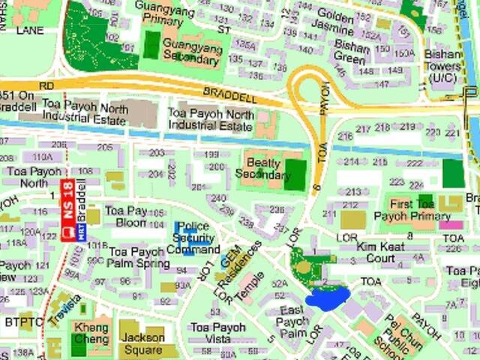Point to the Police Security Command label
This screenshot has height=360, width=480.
[x=193, y=238]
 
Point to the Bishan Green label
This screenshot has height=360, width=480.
[x=351, y=52]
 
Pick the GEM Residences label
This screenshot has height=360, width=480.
[x=241, y=256]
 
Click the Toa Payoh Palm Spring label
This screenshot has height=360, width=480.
[x=139, y=256]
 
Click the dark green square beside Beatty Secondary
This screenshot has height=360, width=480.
[x=295, y=175]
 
